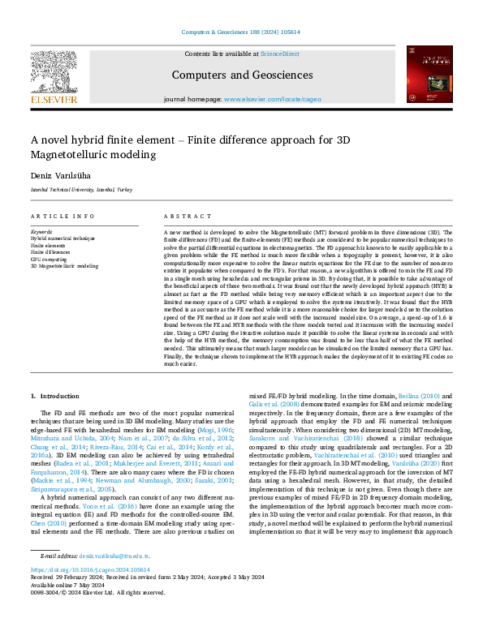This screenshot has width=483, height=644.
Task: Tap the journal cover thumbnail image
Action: (x=429, y=74)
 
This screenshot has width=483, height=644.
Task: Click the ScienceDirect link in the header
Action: (x=279, y=54)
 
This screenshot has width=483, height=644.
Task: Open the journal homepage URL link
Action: (x=272, y=100)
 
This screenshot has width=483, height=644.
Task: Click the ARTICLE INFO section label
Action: (x=63, y=217)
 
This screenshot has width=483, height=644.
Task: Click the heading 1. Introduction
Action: (x=55, y=396)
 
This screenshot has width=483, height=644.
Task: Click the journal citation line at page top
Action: (x=241, y=32)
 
